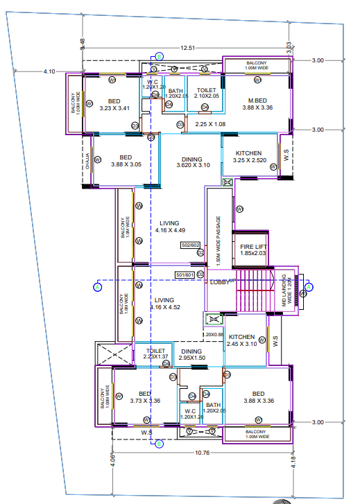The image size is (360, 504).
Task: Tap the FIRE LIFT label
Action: pos(253,250)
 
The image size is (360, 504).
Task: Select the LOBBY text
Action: pos(220,281)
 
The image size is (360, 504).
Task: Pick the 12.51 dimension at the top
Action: pos(186,48)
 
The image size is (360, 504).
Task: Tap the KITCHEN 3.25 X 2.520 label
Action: pos(248,157)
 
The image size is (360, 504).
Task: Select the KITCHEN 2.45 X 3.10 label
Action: pos(243,340)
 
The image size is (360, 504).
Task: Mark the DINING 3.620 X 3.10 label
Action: pos(192,162)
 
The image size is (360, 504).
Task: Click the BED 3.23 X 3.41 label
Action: pos(114,104)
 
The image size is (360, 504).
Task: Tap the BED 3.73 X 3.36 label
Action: pos(145,396)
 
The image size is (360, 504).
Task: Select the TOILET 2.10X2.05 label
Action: pos(206,93)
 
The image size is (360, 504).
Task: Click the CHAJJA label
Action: pos(87,161)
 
